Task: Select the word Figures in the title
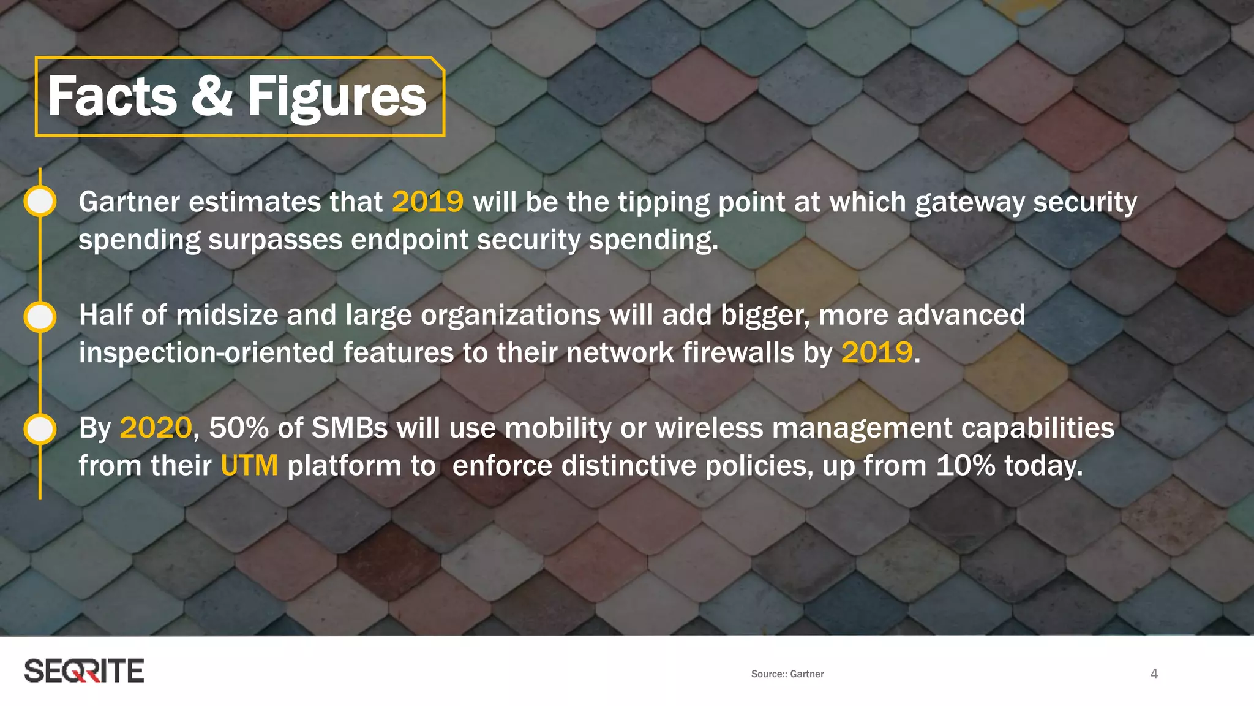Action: click(x=337, y=98)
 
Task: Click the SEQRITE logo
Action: click(x=84, y=671)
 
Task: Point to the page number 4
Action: click(x=1154, y=674)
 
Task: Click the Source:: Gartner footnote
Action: click(x=787, y=674)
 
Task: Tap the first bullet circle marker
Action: click(x=40, y=202)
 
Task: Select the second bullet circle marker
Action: click(x=40, y=317)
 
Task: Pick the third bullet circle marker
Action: click(x=40, y=429)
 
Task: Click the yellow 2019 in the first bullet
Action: click(x=427, y=202)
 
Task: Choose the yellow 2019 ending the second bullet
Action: click(x=877, y=353)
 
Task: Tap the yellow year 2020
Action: click(x=156, y=428)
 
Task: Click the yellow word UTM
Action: click(x=249, y=466)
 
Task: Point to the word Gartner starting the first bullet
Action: click(x=129, y=202)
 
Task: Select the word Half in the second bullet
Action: click(x=105, y=316)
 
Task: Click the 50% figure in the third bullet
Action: click(x=239, y=428)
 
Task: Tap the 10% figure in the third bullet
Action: click(x=966, y=466)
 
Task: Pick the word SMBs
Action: click(x=350, y=428)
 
